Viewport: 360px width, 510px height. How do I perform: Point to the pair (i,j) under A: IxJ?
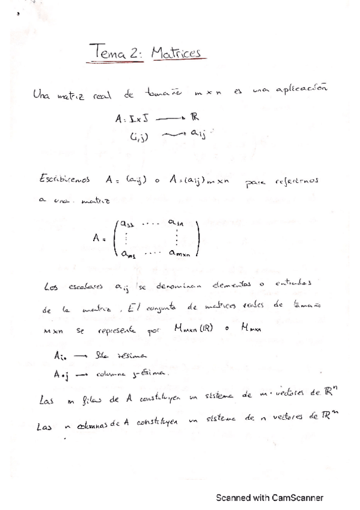pos(139,135)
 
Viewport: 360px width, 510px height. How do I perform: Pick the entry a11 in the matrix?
pos(127,223)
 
